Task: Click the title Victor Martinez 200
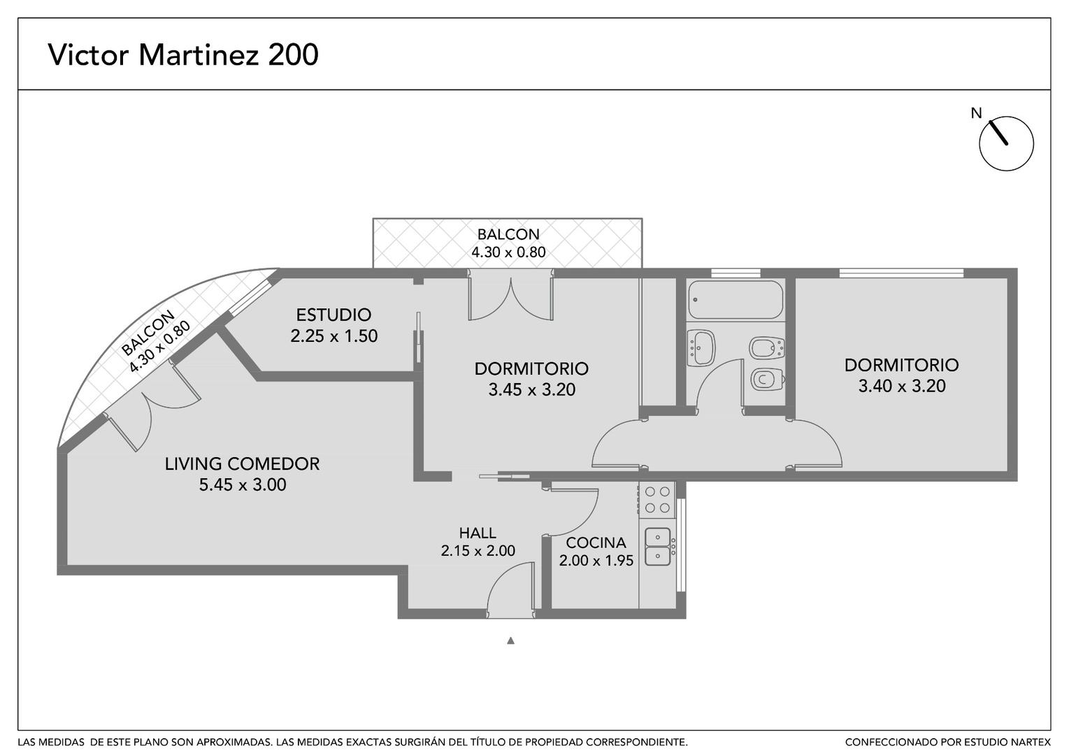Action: [x=183, y=55]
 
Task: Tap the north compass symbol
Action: [x=1006, y=143]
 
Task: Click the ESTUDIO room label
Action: [x=333, y=315]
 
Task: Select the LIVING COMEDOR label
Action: [x=242, y=464]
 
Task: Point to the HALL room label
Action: [x=478, y=533]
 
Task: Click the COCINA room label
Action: [x=596, y=542]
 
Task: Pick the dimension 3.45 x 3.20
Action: [x=531, y=390]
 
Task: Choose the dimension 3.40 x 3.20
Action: [x=901, y=386]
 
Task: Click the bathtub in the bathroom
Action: [x=735, y=300]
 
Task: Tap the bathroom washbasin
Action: [x=701, y=348]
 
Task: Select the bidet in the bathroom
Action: [x=767, y=348]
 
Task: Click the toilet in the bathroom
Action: [x=768, y=380]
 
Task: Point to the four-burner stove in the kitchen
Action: [x=657, y=500]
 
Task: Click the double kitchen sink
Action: [x=658, y=547]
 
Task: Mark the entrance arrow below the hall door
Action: [x=510, y=641]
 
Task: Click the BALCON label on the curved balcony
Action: [x=148, y=333]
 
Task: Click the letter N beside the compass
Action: [x=977, y=113]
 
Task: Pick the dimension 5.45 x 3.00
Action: [x=243, y=485]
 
